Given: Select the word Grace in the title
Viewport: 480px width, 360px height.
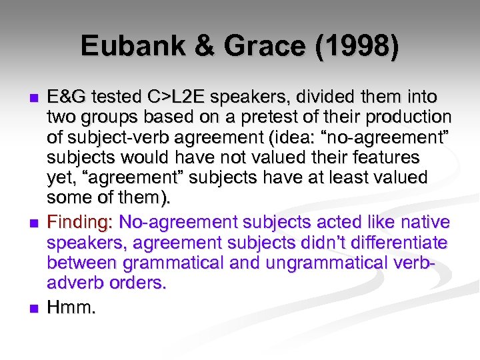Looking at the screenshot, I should (x=260, y=46).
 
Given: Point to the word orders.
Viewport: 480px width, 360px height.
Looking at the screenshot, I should (x=135, y=283).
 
